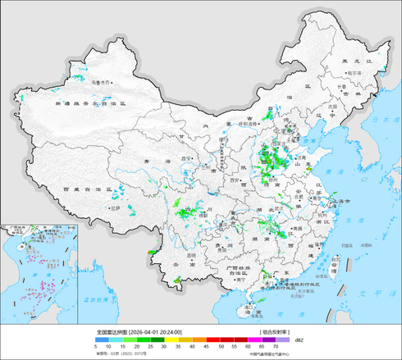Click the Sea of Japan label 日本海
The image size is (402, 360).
(385, 121)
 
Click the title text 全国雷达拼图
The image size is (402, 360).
(112, 332)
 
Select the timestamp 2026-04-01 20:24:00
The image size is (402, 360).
(155, 332)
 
